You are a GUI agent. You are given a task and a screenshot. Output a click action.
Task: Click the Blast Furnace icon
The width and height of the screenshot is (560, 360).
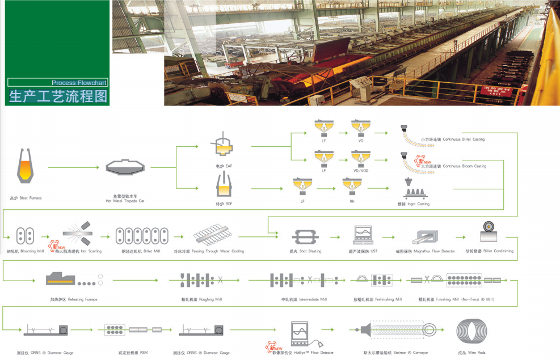click(26, 167)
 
